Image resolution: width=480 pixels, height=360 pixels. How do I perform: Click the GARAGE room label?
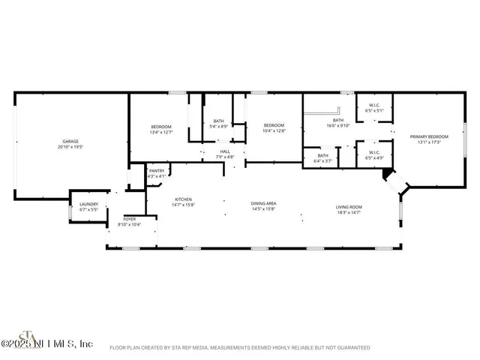tap(70, 141)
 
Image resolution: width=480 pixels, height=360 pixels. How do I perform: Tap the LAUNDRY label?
tap(88, 205)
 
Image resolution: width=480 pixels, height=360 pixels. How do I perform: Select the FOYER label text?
tap(130, 219)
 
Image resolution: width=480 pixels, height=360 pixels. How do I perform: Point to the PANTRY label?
tap(157, 171)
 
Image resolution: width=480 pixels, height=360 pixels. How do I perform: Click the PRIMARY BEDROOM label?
tap(429, 136)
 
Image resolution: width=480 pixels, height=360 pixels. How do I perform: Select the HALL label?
tap(224, 152)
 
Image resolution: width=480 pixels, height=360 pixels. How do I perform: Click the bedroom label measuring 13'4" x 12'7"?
tap(162, 127)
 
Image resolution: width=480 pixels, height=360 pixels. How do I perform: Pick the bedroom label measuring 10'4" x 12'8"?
tap(274, 125)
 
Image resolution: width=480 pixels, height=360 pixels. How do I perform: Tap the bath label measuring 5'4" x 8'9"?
tap(218, 121)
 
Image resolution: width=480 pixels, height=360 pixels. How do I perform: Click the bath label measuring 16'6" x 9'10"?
tap(338, 121)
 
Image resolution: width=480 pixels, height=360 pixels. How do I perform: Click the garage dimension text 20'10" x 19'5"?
tap(70, 147)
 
